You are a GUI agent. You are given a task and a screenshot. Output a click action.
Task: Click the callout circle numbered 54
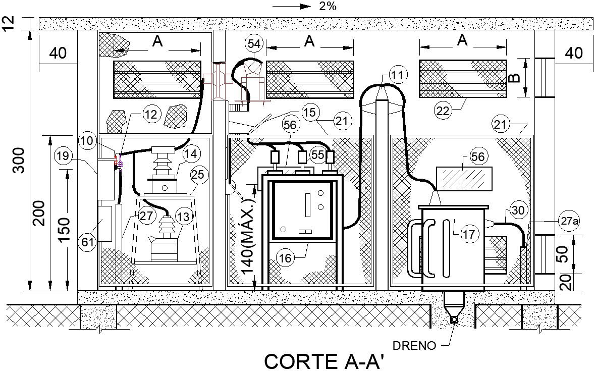click(x=255, y=44)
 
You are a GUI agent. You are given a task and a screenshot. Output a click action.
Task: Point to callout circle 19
click(x=63, y=156)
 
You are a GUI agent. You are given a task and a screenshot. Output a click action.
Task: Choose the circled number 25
click(x=198, y=175)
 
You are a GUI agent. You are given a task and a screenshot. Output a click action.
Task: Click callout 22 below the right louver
click(x=443, y=111)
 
